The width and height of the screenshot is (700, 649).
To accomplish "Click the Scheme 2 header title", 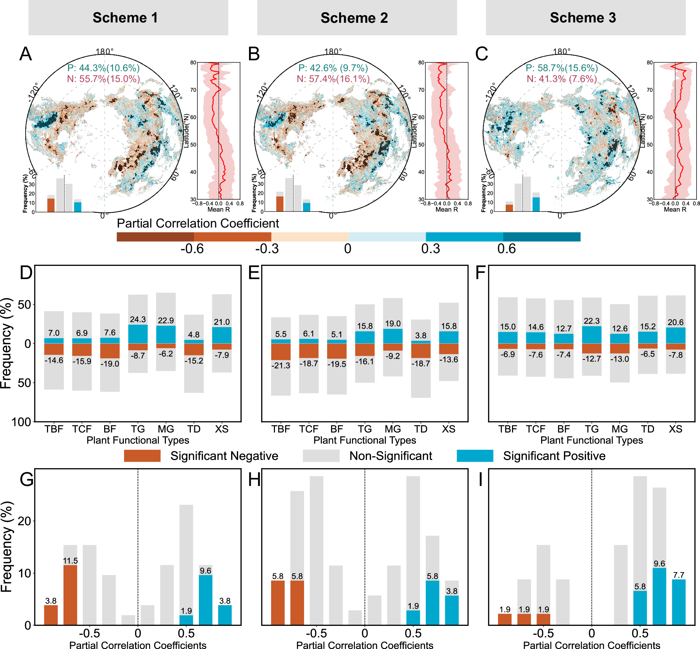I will [354, 18].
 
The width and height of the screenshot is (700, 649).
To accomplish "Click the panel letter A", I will [26, 54].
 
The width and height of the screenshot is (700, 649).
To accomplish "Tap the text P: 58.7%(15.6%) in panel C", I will [561, 68].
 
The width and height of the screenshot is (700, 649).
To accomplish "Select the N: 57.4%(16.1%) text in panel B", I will [333, 79].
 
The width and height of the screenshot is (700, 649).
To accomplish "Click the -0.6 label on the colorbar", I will [192, 249].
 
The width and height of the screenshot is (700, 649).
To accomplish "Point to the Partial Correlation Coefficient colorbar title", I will [198, 223].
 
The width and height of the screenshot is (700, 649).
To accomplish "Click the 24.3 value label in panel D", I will [138, 319].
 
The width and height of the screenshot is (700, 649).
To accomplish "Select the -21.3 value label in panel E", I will [281, 366].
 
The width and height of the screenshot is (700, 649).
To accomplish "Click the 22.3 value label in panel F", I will [592, 321].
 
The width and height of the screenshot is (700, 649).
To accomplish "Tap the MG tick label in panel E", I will [393, 429].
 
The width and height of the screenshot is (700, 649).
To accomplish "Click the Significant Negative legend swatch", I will [142, 456].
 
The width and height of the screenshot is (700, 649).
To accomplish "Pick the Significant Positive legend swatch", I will [475, 456].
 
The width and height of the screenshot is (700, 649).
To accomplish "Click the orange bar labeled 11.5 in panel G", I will [70, 595].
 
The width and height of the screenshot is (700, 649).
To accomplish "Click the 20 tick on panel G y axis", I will [24, 521].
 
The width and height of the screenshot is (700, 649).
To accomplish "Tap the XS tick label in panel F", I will [675, 429].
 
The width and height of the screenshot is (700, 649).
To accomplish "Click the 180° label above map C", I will [561, 52].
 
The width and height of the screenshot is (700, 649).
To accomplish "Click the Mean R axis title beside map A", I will [218, 210].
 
